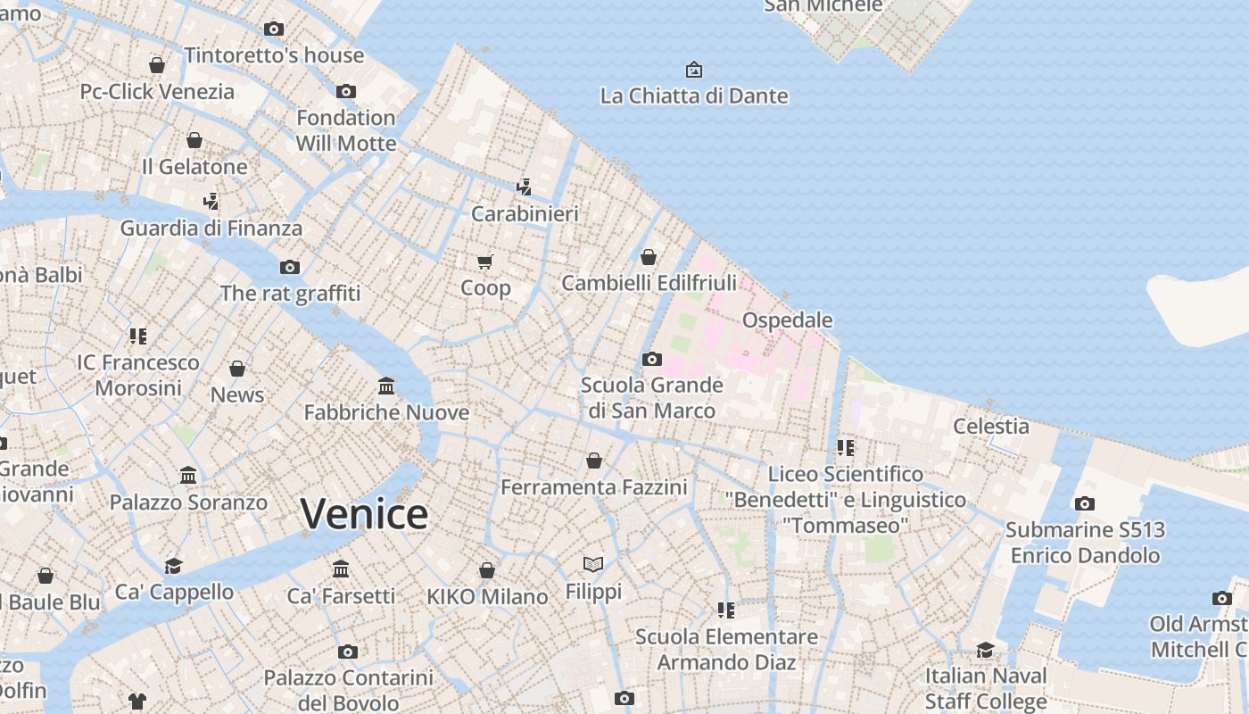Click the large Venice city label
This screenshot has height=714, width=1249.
click(x=364, y=514)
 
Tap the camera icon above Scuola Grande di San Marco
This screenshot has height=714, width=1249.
click(x=652, y=359)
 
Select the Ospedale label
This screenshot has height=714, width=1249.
click(x=787, y=320)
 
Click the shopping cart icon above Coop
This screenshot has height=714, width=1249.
click(x=484, y=262)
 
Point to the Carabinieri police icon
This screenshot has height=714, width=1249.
click(x=525, y=187)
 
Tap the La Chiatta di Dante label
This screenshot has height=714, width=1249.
click(x=694, y=95)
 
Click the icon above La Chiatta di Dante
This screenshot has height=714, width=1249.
click(x=693, y=69)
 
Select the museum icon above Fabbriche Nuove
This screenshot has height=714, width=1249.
click(x=386, y=386)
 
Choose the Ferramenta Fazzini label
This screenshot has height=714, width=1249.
click(x=593, y=487)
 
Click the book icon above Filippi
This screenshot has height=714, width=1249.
click(x=593, y=564)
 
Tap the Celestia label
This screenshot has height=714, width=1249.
click(x=991, y=426)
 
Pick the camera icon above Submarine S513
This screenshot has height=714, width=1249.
click(x=1084, y=503)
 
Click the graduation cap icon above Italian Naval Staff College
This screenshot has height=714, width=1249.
click(x=985, y=650)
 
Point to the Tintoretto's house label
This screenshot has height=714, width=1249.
click(x=274, y=55)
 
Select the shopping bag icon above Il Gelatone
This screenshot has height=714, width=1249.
click(x=194, y=140)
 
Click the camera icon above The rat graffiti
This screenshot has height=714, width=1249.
click(x=290, y=267)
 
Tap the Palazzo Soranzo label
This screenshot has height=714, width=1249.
click(x=188, y=502)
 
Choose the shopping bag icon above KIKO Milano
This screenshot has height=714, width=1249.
click(x=487, y=570)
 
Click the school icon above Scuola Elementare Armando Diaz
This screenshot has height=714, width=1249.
click(x=726, y=610)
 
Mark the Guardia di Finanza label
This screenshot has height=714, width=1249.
click(x=211, y=228)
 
